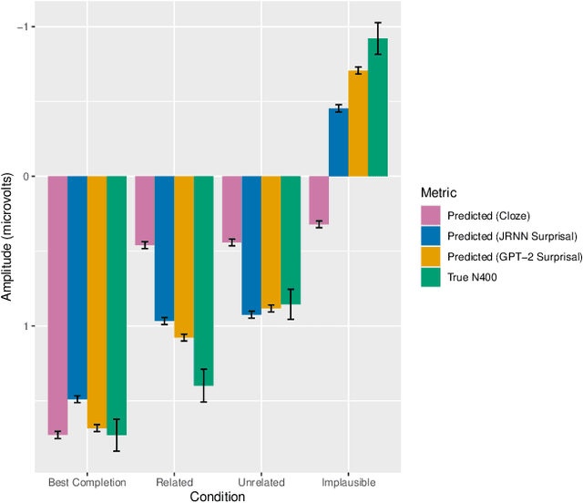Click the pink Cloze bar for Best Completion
click(x=57, y=305)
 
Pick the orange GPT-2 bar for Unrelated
click(x=271, y=242)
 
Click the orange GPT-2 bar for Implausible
click(x=358, y=123)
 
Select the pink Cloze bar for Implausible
click(x=319, y=200)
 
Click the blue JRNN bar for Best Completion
click(x=77, y=287)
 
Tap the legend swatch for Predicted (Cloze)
click(x=430, y=216)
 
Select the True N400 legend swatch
click(x=430, y=279)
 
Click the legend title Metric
click(x=438, y=193)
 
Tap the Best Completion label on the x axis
click(x=87, y=482)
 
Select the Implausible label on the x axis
click(x=348, y=482)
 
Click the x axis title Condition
click(x=217, y=497)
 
